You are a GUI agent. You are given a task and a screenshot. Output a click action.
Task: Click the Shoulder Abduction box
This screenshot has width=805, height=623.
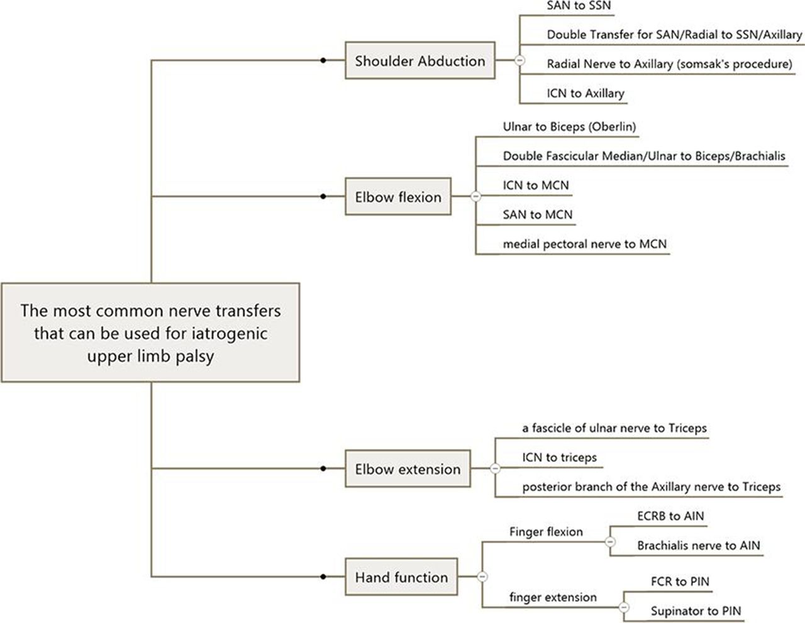click(420, 60)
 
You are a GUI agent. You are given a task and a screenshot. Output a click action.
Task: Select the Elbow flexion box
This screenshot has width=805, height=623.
click(398, 197)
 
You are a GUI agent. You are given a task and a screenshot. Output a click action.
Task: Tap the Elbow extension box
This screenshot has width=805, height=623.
click(408, 468)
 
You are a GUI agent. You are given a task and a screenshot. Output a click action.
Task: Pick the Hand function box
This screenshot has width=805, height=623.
click(401, 576)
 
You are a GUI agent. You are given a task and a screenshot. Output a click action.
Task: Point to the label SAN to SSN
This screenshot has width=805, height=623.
click(579, 6)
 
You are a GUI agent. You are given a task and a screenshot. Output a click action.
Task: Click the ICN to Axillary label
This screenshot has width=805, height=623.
click(586, 93)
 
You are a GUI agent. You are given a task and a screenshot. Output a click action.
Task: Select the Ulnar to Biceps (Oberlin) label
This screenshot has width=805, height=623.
click(569, 126)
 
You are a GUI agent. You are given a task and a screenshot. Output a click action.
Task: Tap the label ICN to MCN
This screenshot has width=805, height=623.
click(536, 185)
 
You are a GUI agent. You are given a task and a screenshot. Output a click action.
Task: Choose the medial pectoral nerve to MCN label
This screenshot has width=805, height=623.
click(585, 244)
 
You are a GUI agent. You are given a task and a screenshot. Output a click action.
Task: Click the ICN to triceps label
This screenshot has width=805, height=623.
click(559, 458)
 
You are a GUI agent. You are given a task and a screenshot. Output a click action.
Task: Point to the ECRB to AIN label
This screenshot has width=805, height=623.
click(670, 515)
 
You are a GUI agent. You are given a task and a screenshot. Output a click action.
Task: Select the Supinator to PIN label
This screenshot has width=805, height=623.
click(696, 611)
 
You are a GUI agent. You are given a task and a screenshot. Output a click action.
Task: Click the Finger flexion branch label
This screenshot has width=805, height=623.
click(546, 532)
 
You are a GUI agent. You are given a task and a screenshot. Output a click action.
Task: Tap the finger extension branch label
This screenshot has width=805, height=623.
click(553, 597)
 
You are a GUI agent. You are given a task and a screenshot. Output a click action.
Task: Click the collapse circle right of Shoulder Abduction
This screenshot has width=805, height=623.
click(519, 60)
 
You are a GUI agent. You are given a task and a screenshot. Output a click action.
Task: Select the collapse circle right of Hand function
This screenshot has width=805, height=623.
click(482, 576)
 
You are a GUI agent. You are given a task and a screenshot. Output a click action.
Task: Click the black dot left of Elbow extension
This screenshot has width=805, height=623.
click(323, 468)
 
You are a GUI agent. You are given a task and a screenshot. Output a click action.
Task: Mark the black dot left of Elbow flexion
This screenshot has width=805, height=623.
click(323, 196)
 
